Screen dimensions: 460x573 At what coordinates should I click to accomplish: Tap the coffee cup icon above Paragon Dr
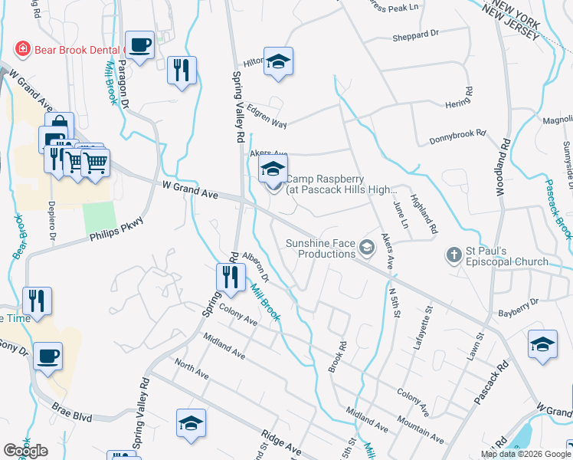click(139, 45)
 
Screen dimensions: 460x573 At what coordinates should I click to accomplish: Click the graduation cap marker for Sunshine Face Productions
click(368, 247)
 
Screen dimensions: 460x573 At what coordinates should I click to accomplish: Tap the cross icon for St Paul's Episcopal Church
click(453, 255)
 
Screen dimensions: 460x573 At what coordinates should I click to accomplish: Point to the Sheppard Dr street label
click(414, 34)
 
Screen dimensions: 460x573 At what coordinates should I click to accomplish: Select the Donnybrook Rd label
click(457, 133)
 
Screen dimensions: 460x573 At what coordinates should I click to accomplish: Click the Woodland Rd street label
click(505, 165)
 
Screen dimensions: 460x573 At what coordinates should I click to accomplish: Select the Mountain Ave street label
click(421, 431)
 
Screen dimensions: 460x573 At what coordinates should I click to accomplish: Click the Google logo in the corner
click(26, 451)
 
